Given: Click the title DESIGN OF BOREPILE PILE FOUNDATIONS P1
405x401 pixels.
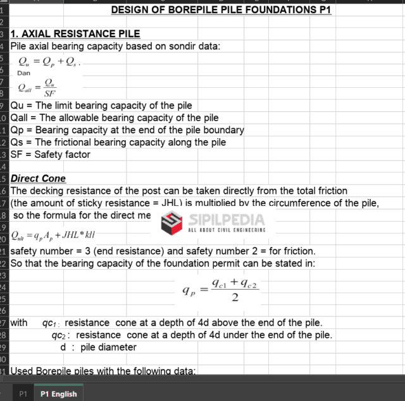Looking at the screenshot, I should (221, 10).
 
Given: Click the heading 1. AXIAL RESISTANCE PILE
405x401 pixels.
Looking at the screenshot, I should (75, 33).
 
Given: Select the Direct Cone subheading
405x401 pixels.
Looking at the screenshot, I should (38, 179).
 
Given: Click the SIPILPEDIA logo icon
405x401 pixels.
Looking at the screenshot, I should (173, 222).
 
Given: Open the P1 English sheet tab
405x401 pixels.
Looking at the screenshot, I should (58, 393).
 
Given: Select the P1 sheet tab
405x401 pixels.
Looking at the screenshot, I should (23, 393).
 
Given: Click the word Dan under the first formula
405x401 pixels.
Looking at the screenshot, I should (23, 73).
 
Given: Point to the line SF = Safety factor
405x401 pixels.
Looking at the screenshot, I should (51, 155).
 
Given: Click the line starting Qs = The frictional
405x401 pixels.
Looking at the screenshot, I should (118, 142).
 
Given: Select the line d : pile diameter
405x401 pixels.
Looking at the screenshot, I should (98, 347).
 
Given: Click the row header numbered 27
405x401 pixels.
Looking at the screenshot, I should (3, 322).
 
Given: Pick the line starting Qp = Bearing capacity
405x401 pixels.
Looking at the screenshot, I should (127, 130).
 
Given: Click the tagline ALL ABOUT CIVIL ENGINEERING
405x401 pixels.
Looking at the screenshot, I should (227, 230).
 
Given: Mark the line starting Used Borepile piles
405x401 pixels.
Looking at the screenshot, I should (103, 371).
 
